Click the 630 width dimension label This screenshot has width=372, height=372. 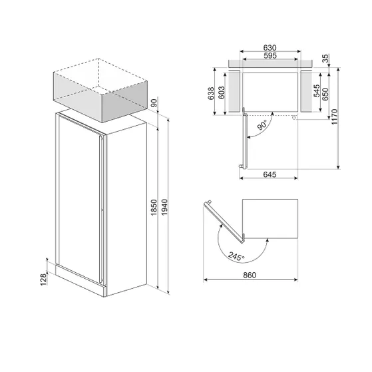coord(270,48)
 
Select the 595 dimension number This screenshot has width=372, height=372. coord(270,56)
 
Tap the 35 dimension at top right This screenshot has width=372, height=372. coord(325,58)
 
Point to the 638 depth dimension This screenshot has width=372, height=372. coord(211,93)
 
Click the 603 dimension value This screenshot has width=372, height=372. coord(221,93)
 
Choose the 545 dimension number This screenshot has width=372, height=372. coord(317,91)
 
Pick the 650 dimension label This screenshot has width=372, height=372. coord(325,94)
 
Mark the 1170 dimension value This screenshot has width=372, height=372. coord(334,116)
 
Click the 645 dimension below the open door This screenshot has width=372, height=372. coord(270,174)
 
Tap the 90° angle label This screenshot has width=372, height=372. coord(262,125)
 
